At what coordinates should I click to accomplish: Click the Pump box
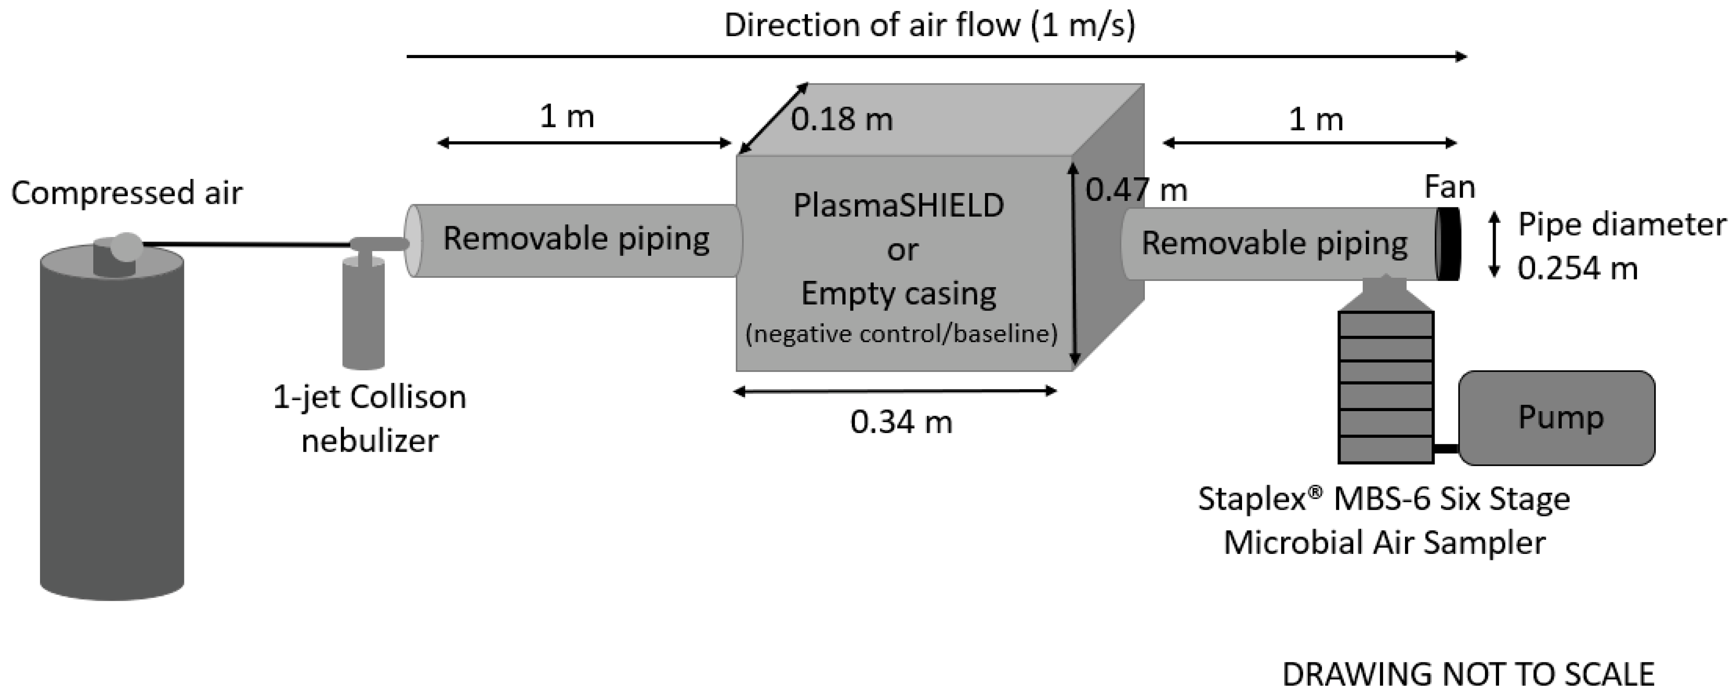tap(1556, 418)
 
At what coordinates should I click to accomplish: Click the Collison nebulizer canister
tap(364, 313)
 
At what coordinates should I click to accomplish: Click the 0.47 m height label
tap(1136, 190)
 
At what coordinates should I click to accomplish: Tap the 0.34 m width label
tap(901, 422)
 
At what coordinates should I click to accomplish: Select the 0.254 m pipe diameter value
tap(1577, 268)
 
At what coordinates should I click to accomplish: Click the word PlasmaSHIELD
tap(899, 206)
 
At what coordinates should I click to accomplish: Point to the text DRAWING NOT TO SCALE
tap(1468, 674)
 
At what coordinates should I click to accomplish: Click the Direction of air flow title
tap(930, 26)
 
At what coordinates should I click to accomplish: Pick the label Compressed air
tap(127, 194)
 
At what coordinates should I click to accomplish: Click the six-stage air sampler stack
tap(1386, 387)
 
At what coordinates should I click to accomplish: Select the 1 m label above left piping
tap(567, 117)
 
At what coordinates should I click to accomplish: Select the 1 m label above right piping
tap(1316, 120)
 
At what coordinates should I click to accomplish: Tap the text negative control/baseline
tap(901, 333)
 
